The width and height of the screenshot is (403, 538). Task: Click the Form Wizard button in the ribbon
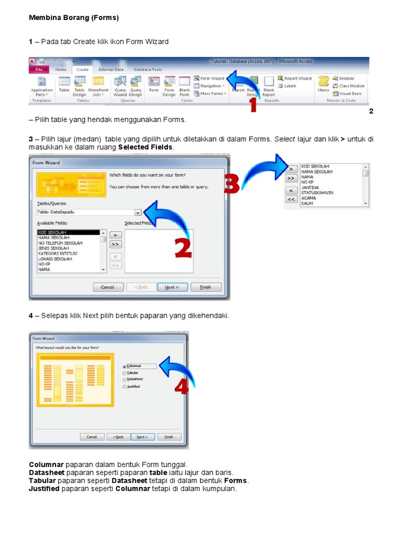(209, 78)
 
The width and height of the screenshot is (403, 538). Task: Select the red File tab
(38, 69)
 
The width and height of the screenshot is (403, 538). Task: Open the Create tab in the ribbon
(82, 69)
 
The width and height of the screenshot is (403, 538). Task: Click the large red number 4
(181, 387)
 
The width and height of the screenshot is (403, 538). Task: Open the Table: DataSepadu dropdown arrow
(137, 213)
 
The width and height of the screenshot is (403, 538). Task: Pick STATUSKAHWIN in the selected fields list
(317, 193)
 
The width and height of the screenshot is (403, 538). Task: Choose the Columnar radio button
(124, 366)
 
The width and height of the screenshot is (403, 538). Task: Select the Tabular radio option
(124, 373)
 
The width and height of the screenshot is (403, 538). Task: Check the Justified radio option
(124, 387)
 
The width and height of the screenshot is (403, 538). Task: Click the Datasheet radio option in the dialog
(124, 379)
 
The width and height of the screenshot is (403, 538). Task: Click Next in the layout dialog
(142, 437)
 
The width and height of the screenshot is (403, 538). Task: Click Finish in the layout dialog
(168, 437)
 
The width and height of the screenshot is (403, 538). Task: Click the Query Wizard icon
(120, 84)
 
